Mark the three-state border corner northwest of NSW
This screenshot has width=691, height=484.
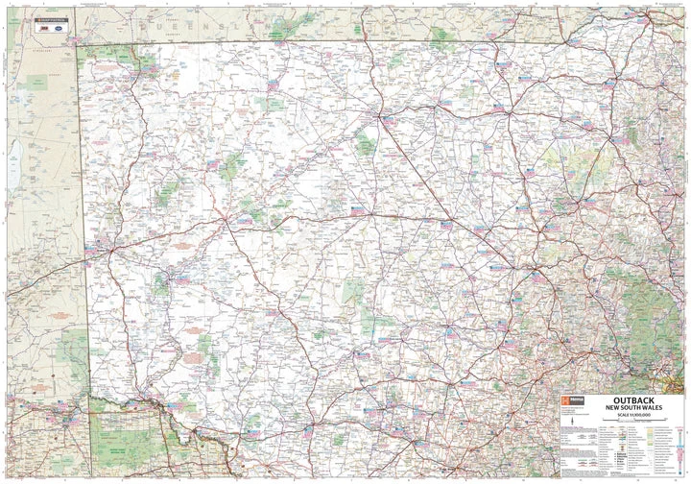tap(78, 44)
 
